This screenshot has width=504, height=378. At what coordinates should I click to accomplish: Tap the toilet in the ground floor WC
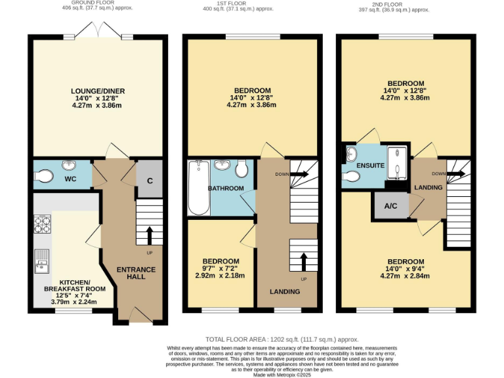45,175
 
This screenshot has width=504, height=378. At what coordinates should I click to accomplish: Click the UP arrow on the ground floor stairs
150,236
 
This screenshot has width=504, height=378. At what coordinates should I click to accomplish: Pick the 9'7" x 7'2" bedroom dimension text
220,268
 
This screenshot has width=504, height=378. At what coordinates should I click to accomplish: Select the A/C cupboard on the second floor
390,205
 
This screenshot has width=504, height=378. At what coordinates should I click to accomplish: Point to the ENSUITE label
370,166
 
